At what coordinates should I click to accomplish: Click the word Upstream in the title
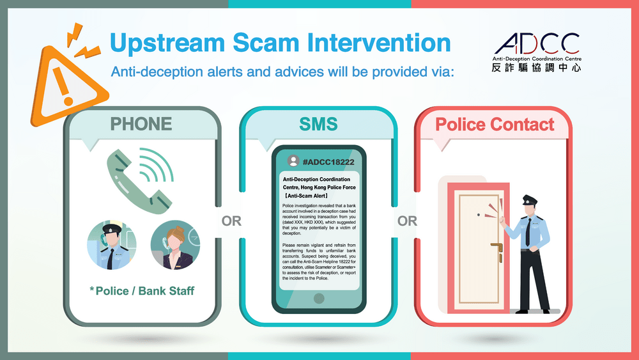[x=167, y=43]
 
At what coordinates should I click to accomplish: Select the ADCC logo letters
[x=537, y=43]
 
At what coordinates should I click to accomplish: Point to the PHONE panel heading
[x=141, y=124]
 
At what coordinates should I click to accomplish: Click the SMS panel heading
[x=318, y=124]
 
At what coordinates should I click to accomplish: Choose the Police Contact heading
[x=495, y=124]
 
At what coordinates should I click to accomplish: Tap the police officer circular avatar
[x=112, y=245]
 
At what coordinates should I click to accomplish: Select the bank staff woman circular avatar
[x=175, y=245]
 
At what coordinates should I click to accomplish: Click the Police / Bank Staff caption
[x=142, y=291]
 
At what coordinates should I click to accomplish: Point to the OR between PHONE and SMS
[x=231, y=221]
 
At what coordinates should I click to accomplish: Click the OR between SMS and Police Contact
[x=407, y=221]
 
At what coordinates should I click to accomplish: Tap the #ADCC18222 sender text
[x=328, y=162]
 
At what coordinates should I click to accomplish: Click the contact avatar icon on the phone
[x=293, y=161]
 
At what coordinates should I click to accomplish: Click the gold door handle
[x=498, y=247]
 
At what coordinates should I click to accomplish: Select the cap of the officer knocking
[x=530, y=200]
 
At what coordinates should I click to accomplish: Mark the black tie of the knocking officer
[x=528, y=232]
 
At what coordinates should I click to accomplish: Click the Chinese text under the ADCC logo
[x=536, y=68]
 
